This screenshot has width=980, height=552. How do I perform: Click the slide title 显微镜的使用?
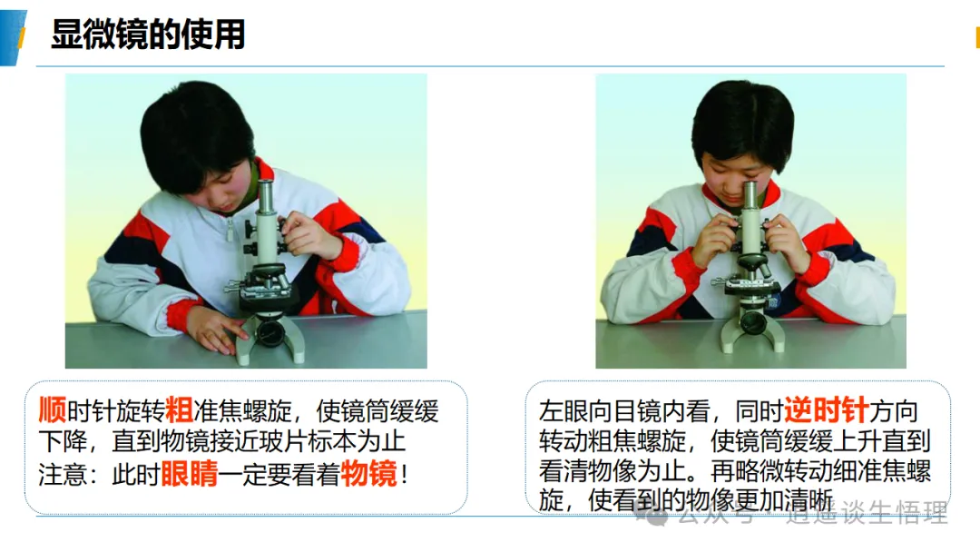(148, 34)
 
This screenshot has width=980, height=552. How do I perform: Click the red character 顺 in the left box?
(53, 410)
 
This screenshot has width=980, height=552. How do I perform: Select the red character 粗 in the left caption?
(179, 410)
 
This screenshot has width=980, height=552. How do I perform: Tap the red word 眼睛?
(190, 473)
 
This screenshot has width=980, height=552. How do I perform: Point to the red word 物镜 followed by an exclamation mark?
(368, 473)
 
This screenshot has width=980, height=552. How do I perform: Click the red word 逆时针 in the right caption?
(827, 410)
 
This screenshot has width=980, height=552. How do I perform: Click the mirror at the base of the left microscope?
(270, 332)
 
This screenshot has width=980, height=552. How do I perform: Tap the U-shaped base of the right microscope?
(752, 336)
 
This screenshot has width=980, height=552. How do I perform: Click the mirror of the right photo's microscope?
(752, 323)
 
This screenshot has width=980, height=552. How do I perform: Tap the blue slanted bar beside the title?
(13, 37)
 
